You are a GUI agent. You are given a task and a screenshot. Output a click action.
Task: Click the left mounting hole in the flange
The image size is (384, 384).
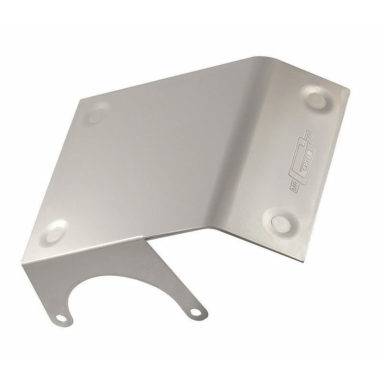click(x=61, y=318)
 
